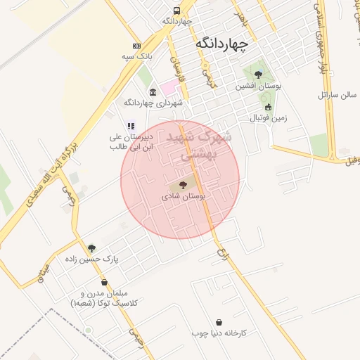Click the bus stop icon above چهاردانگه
[x=176, y=11]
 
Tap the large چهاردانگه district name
[x=221, y=44]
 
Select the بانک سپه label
[x=137, y=56]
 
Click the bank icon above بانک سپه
[x=136, y=45]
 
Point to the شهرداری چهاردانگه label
[x=153, y=103]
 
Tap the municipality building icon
[x=153, y=92]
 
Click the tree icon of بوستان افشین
[x=258, y=74]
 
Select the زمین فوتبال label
[x=269, y=117]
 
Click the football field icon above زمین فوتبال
[x=268, y=107]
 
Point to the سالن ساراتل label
[x=338, y=94]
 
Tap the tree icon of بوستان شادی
[x=183, y=186]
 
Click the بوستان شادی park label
[x=184, y=198]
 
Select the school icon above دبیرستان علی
[x=130, y=127]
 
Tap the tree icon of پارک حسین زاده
[x=91, y=248]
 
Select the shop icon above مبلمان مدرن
[x=104, y=283]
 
